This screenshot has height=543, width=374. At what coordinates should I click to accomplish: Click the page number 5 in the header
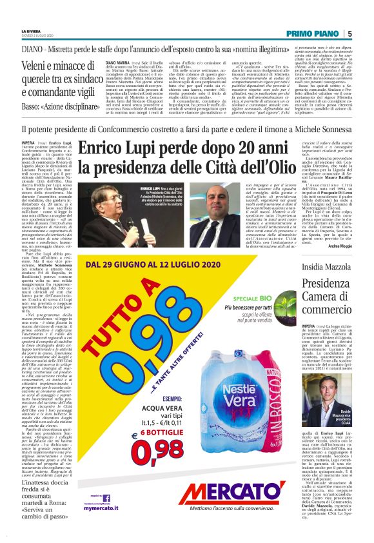tap(349, 34)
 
